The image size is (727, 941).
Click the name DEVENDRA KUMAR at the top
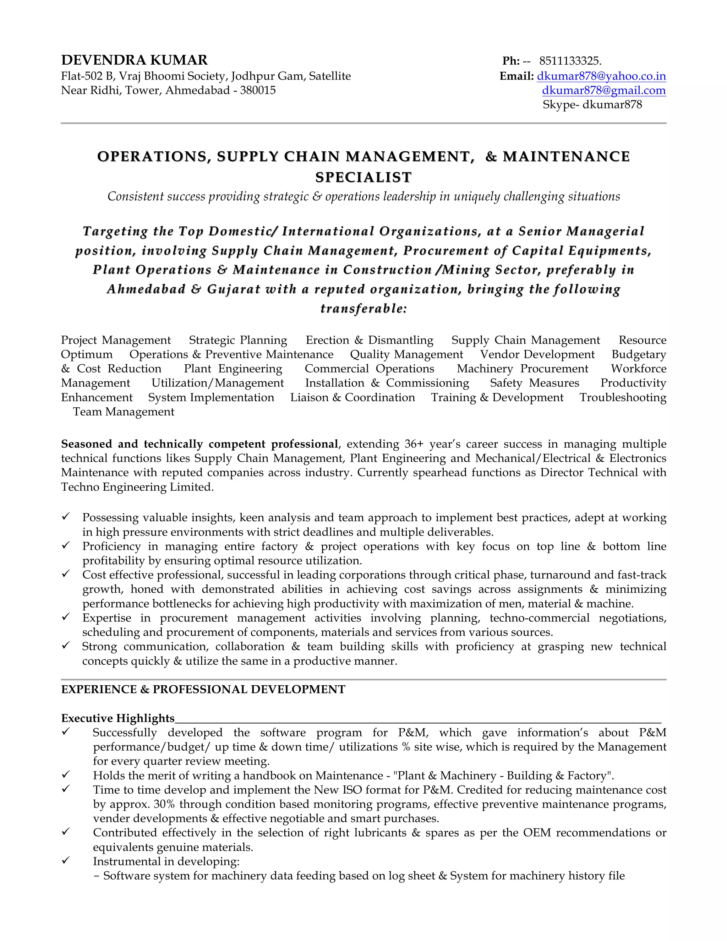click(135, 60)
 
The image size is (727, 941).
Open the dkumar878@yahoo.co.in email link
click(601, 76)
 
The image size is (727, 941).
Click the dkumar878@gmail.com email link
click(603, 91)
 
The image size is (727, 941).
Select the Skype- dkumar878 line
click(592, 105)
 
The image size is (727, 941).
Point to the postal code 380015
click(258, 91)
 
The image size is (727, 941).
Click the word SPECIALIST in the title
click(363, 177)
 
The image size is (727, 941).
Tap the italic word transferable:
click(363, 309)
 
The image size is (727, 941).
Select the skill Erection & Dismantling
click(369, 340)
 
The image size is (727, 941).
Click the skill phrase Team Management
click(124, 412)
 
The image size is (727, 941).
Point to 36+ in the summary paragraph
click(414, 444)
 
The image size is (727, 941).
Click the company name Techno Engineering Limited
click(137, 487)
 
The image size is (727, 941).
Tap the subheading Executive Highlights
click(118, 718)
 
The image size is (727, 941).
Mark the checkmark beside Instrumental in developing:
click(65, 860)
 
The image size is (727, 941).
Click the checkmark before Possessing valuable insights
click(65, 516)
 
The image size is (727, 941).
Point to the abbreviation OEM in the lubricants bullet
click(537, 832)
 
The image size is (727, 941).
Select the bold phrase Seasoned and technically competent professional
click(199, 444)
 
